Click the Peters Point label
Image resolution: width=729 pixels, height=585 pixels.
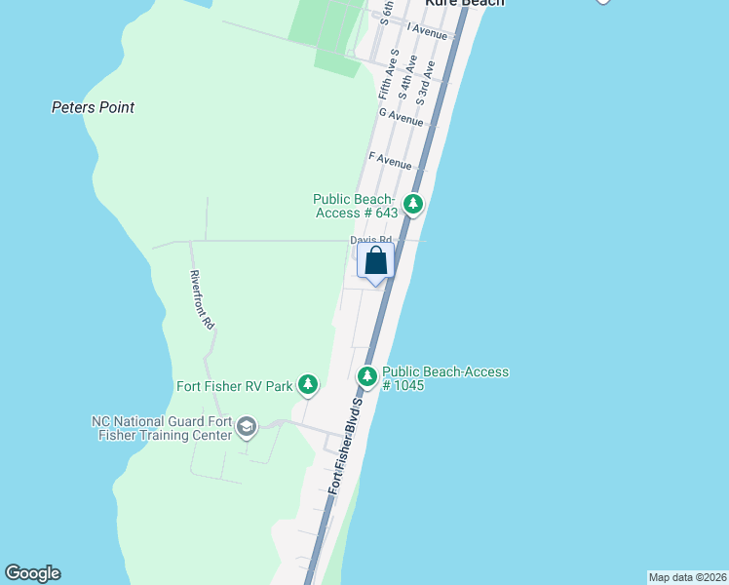(x=93, y=107)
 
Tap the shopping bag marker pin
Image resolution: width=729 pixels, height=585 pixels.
(x=376, y=262)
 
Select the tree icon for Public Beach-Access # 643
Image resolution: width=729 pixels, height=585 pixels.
(x=414, y=204)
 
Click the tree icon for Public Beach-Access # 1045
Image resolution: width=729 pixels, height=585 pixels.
(x=367, y=375)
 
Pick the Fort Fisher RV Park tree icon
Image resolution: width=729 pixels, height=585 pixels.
(x=308, y=385)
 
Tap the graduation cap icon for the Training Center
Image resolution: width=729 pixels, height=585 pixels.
(x=248, y=427)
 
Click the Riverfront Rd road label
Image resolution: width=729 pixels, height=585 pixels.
(x=201, y=299)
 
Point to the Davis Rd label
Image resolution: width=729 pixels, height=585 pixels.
(x=371, y=240)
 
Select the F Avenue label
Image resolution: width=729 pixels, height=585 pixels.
(x=390, y=159)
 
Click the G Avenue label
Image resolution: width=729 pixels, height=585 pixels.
(x=402, y=117)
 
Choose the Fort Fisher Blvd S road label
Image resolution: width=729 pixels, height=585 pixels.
(x=346, y=444)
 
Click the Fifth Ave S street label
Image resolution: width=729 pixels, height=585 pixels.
(x=389, y=74)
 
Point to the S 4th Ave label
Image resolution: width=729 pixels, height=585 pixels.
(x=409, y=78)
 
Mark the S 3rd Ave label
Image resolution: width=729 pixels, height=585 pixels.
(x=425, y=86)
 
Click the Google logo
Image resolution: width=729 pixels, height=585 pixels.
(x=32, y=573)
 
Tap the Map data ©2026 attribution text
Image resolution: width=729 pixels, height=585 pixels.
(x=687, y=577)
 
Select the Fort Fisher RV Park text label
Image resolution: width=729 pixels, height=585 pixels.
(x=234, y=386)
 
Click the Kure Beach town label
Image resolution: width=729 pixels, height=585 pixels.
(x=464, y=3)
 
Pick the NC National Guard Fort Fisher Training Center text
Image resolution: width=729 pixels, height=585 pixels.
(x=162, y=428)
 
